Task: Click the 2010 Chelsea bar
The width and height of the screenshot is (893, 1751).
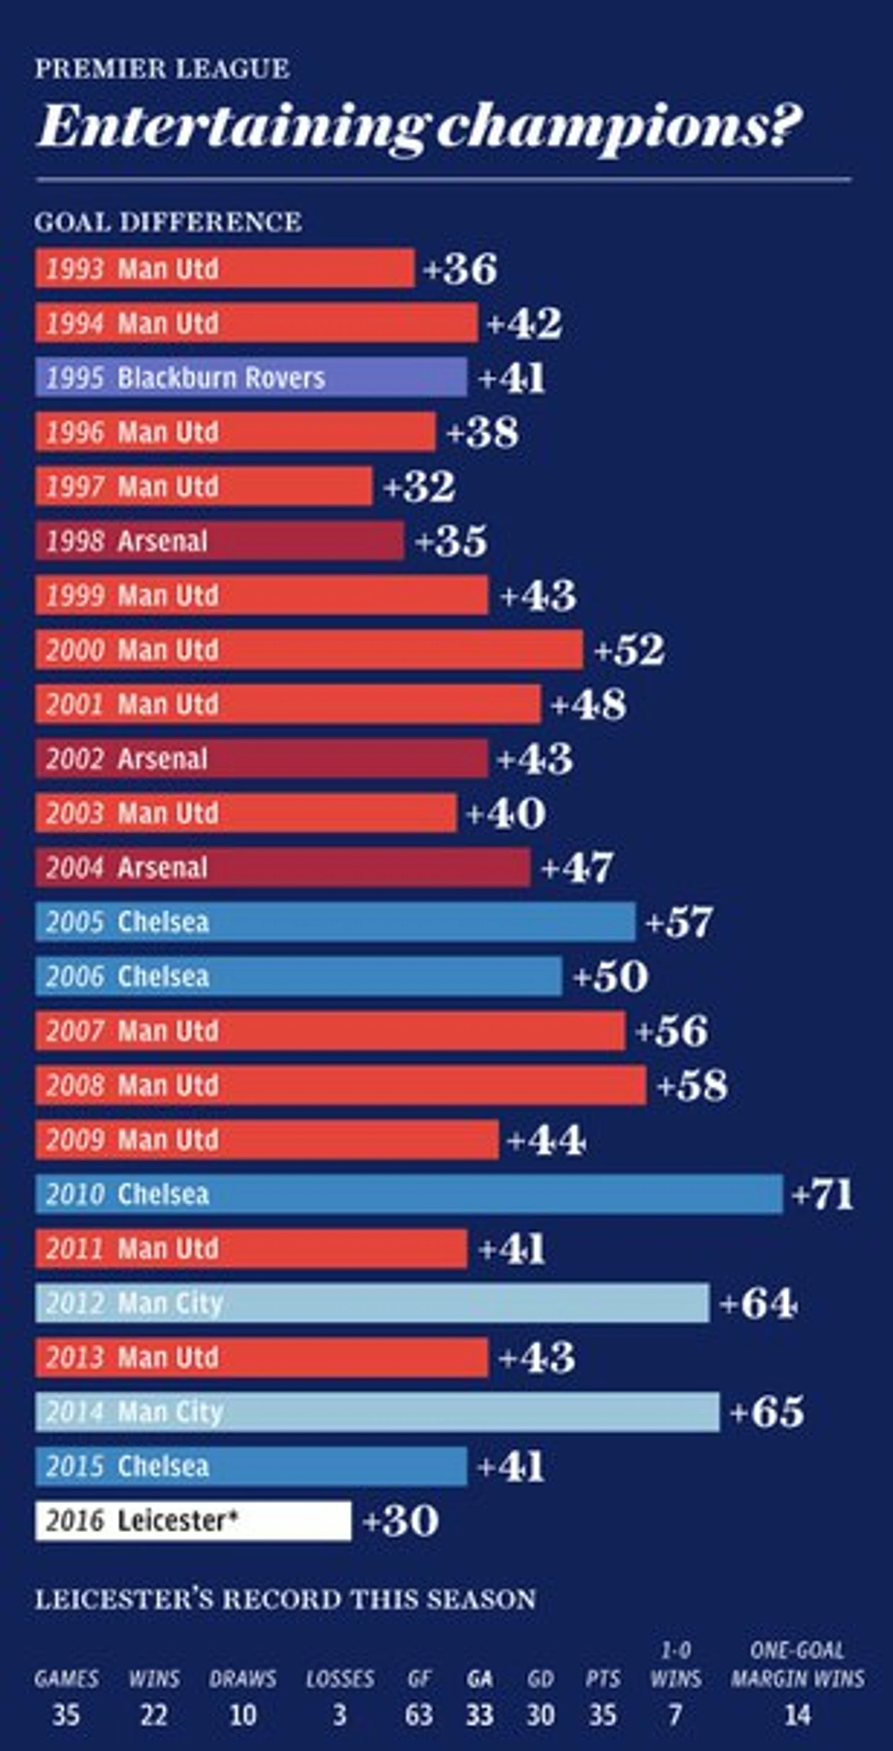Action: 409,1194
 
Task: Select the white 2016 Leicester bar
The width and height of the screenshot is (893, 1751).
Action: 193,1520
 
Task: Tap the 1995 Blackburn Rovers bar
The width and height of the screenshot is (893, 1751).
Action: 251,377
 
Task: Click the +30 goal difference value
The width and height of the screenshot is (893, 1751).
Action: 401,1520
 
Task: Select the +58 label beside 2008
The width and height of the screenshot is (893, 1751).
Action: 692,1085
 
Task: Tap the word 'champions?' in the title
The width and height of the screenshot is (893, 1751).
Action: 618,127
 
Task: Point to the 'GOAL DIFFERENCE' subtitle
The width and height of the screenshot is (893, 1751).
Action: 168,222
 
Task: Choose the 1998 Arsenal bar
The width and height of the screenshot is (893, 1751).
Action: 220,541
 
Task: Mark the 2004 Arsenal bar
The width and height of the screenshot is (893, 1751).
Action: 283,867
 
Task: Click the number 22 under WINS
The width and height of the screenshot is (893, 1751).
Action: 154,1715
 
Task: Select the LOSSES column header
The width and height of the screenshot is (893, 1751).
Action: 340,1679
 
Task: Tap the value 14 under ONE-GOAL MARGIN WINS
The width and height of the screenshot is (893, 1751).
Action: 797,1715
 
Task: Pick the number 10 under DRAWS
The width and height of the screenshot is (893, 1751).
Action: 243,1715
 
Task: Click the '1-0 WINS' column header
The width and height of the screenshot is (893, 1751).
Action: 675,1665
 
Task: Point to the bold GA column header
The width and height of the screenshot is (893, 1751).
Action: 479,1679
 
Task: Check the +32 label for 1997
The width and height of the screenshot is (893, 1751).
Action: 420,487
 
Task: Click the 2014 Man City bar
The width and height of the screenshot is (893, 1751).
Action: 377,1412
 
